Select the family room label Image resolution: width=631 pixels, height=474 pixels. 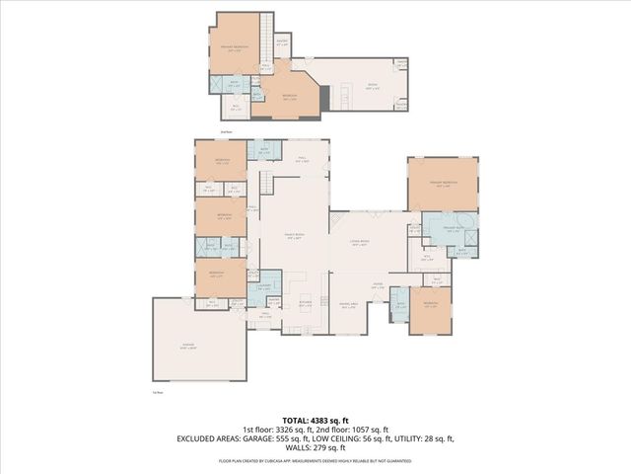293,235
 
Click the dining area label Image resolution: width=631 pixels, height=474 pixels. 348,306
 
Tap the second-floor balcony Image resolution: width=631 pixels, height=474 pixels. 282,42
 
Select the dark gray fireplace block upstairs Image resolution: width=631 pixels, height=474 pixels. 347,96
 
